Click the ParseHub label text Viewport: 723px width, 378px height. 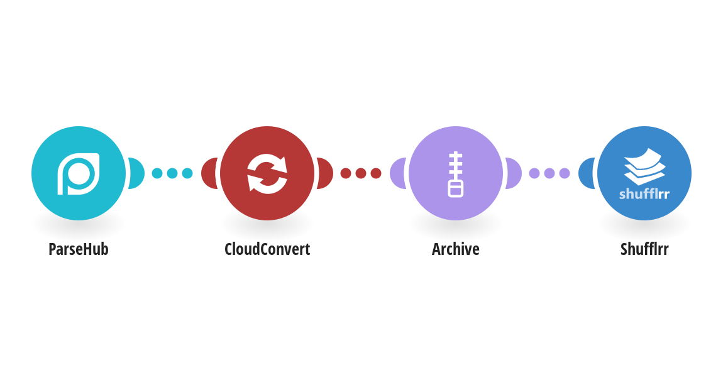click(x=79, y=249)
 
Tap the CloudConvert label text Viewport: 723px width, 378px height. click(x=267, y=249)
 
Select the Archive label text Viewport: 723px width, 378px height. click(x=456, y=249)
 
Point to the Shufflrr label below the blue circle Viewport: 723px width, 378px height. click(x=644, y=249)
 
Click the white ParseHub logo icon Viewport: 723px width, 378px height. click(x=79, y=173)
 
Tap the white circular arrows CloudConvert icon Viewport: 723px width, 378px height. click(x=267, y=173)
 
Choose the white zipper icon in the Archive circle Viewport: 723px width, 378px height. click(x=456, y=174)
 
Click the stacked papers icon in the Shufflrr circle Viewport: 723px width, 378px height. click(x=644, y=166)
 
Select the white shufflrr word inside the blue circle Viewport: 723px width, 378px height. click(x=644, y=194)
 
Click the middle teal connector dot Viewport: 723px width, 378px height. click(x=172, y=173)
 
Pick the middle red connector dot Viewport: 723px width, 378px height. click(x=361, y=173)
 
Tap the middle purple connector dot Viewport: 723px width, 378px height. click(x=549, y=173)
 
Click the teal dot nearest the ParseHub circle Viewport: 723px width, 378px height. click(x=157, y=173)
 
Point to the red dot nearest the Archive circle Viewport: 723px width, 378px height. click(x=376, y=173)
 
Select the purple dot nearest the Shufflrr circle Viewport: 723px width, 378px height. click(x=565, y=173)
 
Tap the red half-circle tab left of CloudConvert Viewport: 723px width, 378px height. click(x=209, y=173)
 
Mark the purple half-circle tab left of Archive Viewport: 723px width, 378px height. click(x=397, y=173)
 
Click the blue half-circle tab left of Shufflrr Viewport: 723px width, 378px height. click(x=586, y=173)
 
